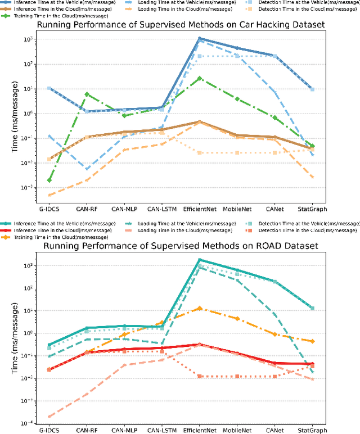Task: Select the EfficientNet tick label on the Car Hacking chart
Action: coord(200,208)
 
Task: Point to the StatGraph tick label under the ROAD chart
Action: coord(313,431)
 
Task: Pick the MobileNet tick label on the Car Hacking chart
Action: coord(237,208)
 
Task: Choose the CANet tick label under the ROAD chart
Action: coord(275,431)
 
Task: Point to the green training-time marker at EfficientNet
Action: coord(200,78)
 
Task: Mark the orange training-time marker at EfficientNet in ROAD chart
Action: coord(200,308)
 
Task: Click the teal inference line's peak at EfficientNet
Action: coord(200,260)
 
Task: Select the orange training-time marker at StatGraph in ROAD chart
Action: coord(313,341)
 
